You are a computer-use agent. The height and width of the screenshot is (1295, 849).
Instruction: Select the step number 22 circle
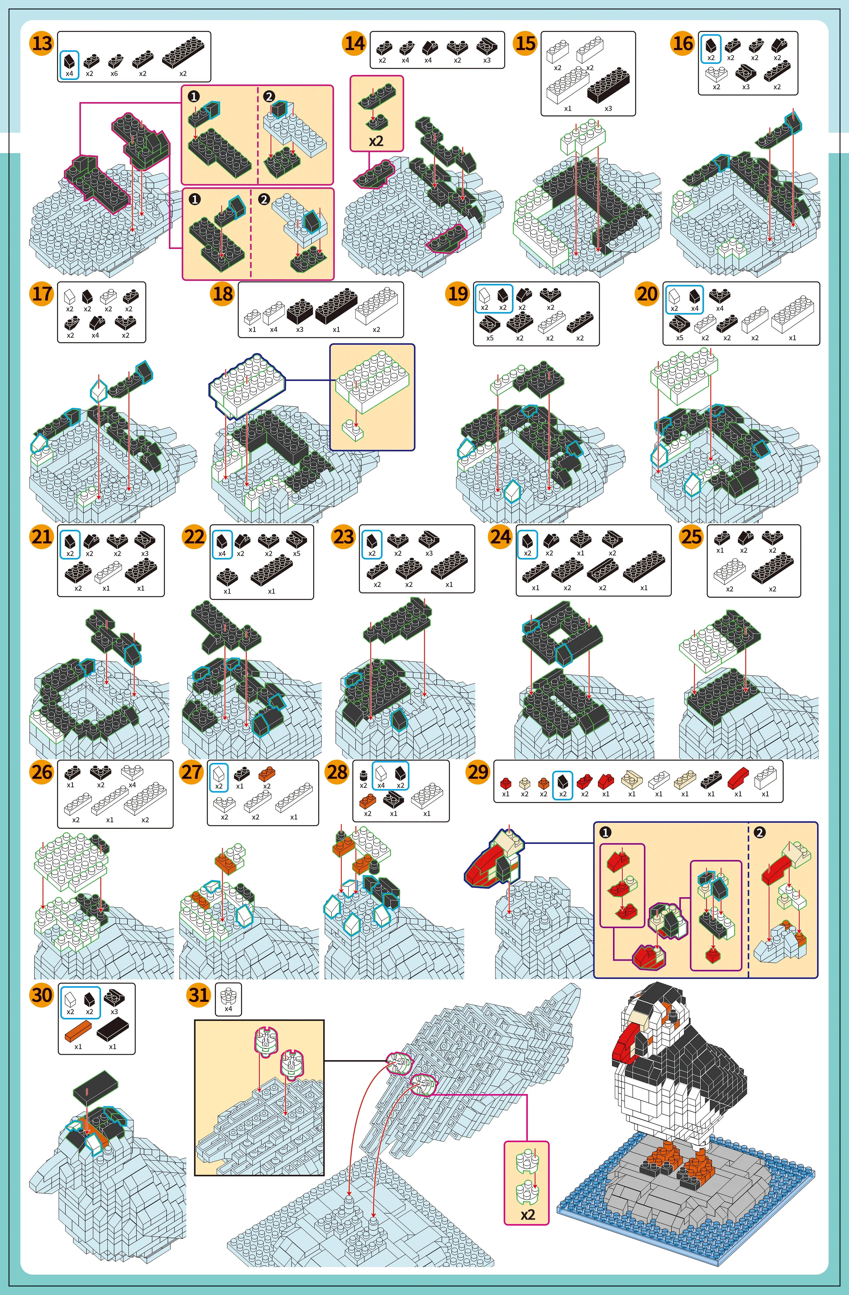coord(194,537)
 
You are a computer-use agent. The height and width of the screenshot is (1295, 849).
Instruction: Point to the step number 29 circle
coord(478,772)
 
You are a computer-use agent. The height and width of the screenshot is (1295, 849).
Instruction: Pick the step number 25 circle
coord(691,537)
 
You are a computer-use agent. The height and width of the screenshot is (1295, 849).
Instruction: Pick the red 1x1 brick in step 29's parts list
coord(506,783)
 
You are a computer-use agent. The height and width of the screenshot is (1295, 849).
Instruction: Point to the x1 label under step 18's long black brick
coord(336,329)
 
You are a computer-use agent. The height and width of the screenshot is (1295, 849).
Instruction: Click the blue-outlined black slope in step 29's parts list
coord(562,782)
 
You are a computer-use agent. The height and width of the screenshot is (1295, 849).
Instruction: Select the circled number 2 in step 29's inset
coord(760,832)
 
